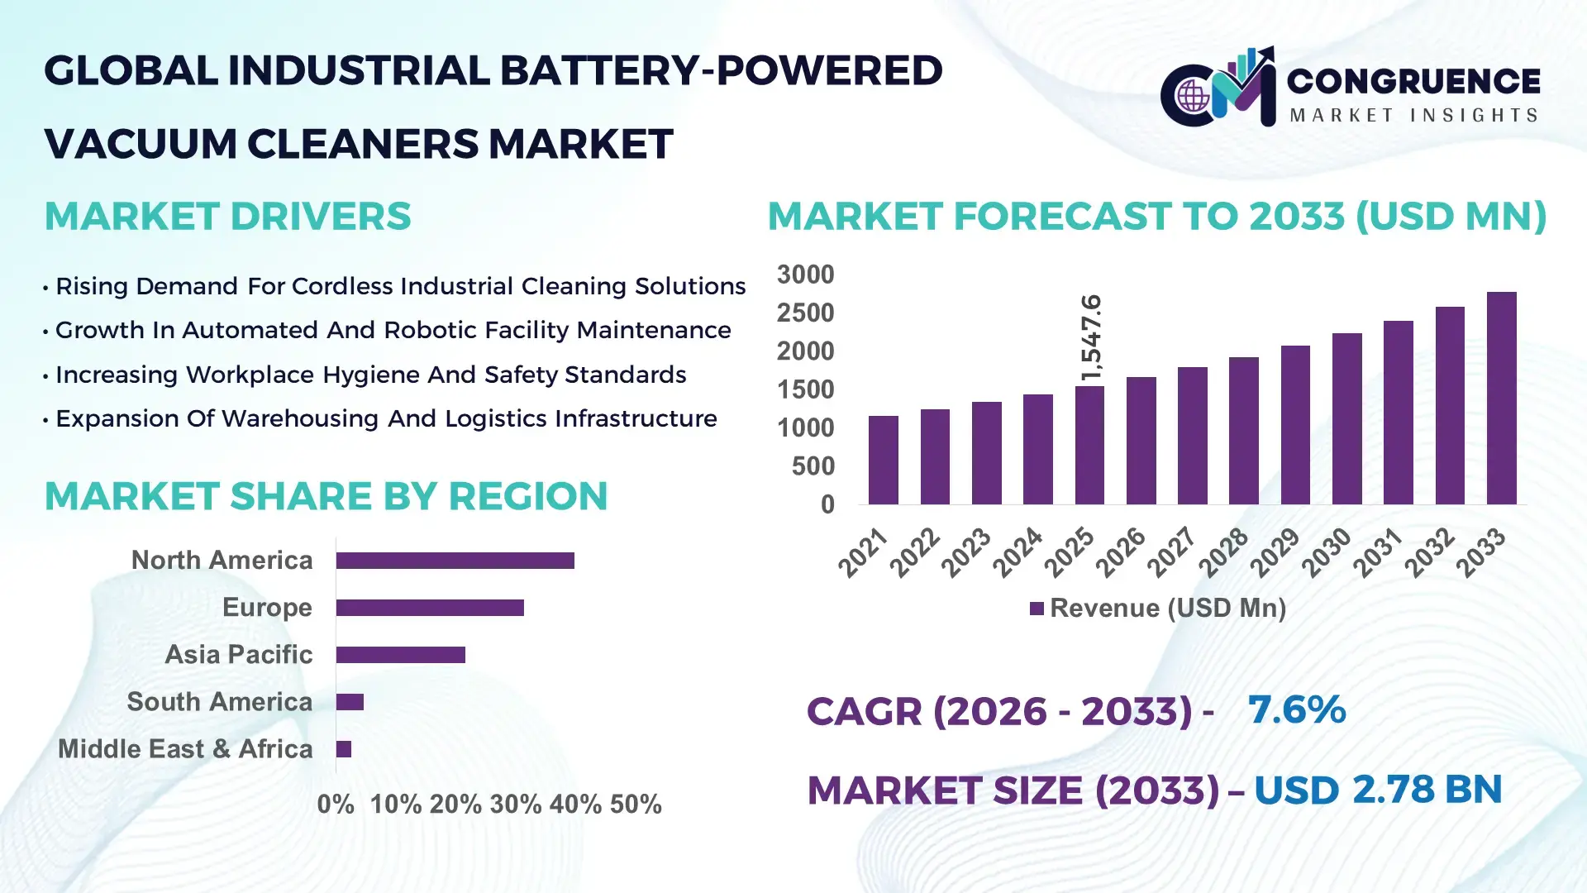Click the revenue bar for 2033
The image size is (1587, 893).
pos(1501,399)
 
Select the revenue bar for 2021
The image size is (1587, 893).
pos(884,461)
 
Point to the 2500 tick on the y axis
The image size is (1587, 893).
pos(805,313)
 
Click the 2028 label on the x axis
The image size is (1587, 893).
pos(1223,552)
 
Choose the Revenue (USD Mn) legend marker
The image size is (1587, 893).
pos(1037,609)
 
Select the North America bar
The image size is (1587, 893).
pos(455,561)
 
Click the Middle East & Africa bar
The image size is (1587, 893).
pos(344,749)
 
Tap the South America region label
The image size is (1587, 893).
pos(219,702)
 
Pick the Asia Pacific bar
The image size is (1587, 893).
pos(401,655)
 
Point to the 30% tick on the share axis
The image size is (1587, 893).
pos(515,805)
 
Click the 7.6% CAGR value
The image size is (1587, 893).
pos(1296,710)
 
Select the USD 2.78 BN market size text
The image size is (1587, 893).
pos(1377,790)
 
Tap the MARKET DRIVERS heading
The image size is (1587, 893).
pos(227,217)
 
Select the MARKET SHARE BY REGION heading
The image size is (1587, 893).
pos(326,497)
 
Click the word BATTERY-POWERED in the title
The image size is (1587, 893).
pos(721,71)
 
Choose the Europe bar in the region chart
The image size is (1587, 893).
pos(430,608)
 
